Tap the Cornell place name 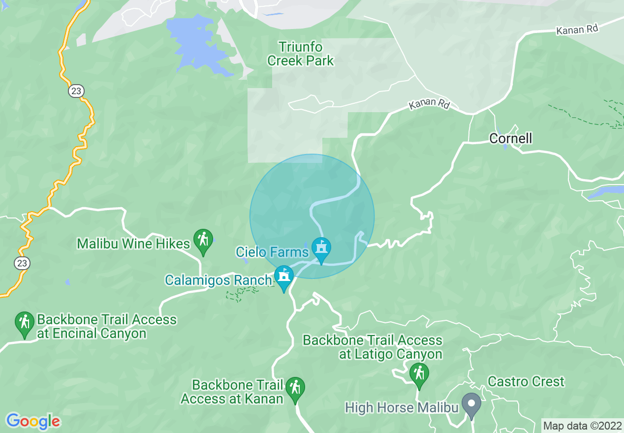(x=510, y=138)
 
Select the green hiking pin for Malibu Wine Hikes (x=203, y=241)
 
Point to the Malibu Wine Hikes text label (x=133, y=244)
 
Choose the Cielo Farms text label (x=272, y=252)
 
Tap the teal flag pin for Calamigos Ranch (x=283, y=277)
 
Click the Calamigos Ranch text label (x=218, y=280)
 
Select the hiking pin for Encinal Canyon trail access (x=24, y=323)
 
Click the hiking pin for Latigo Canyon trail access (x=419, y=374)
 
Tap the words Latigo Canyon (x=390, y=354)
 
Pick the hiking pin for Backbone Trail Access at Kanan (x=295, y=389)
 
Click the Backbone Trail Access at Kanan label (x=232, y=392)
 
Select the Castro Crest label (x=526, y=381)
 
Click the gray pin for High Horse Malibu (x=471, y=404)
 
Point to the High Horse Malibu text (x=402, y=408)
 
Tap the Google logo (x=33, y=421)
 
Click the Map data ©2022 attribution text (x=582, y=426)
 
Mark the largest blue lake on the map (x=194, y=43)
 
